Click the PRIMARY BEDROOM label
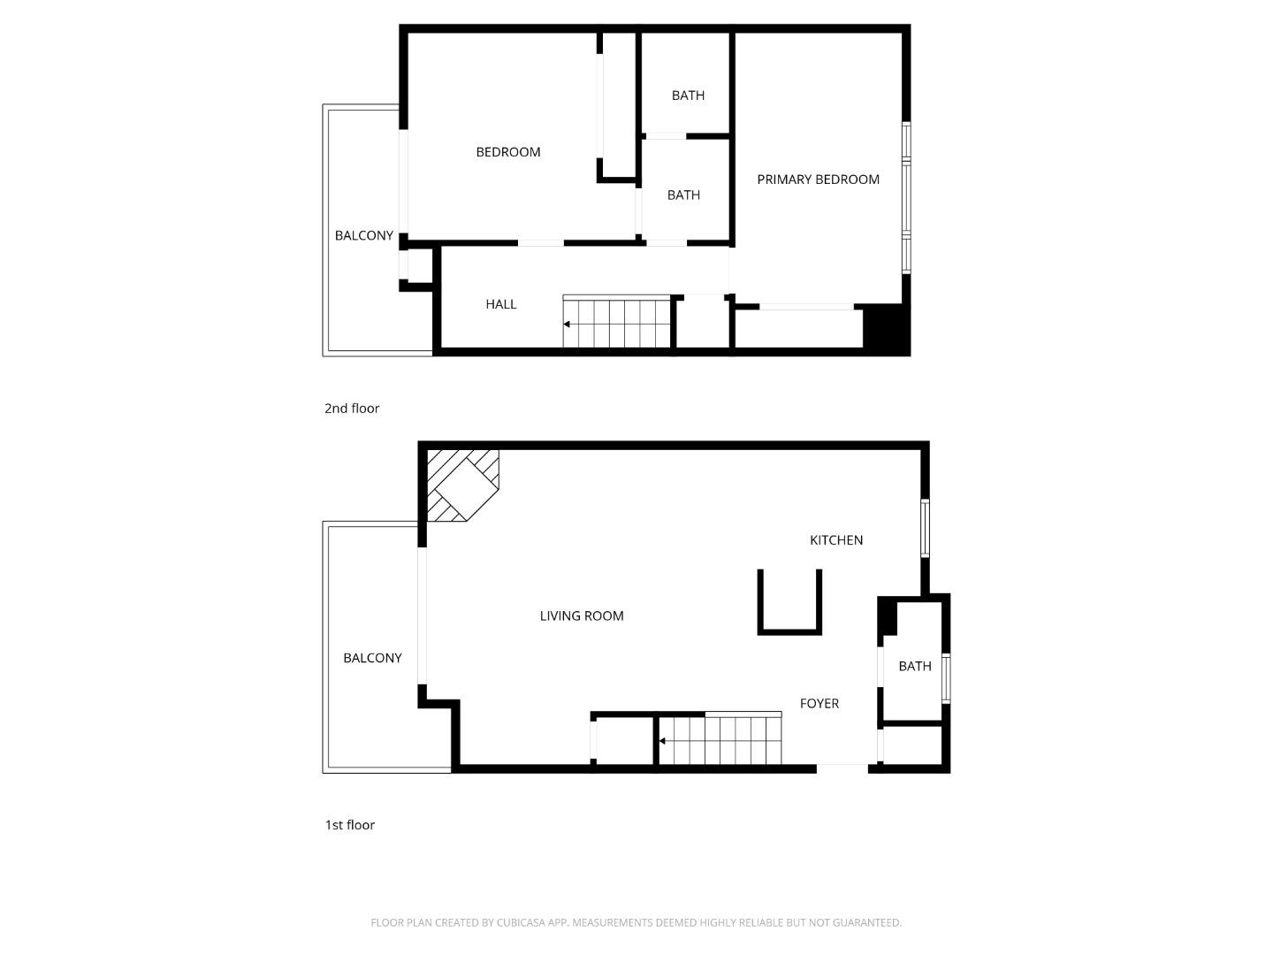pos(818,180)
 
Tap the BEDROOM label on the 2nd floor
pos(507,152)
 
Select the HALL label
pos(500,304)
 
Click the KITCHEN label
pos(835,540)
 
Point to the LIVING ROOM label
pos(581,616)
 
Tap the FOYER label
pos(819,704)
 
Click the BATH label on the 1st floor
pos(914,667)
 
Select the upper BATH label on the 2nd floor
pos(687,95)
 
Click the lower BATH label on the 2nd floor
pos(682,195)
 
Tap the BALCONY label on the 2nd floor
pos(363,236)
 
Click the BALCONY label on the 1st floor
pos(371,658)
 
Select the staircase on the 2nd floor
pos(617,324)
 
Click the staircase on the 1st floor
pos(720,740)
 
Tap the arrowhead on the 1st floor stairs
pos(663,741)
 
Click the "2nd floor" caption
pos(351,409)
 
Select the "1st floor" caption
pos(349,825)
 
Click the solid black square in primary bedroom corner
pos(885,329)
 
